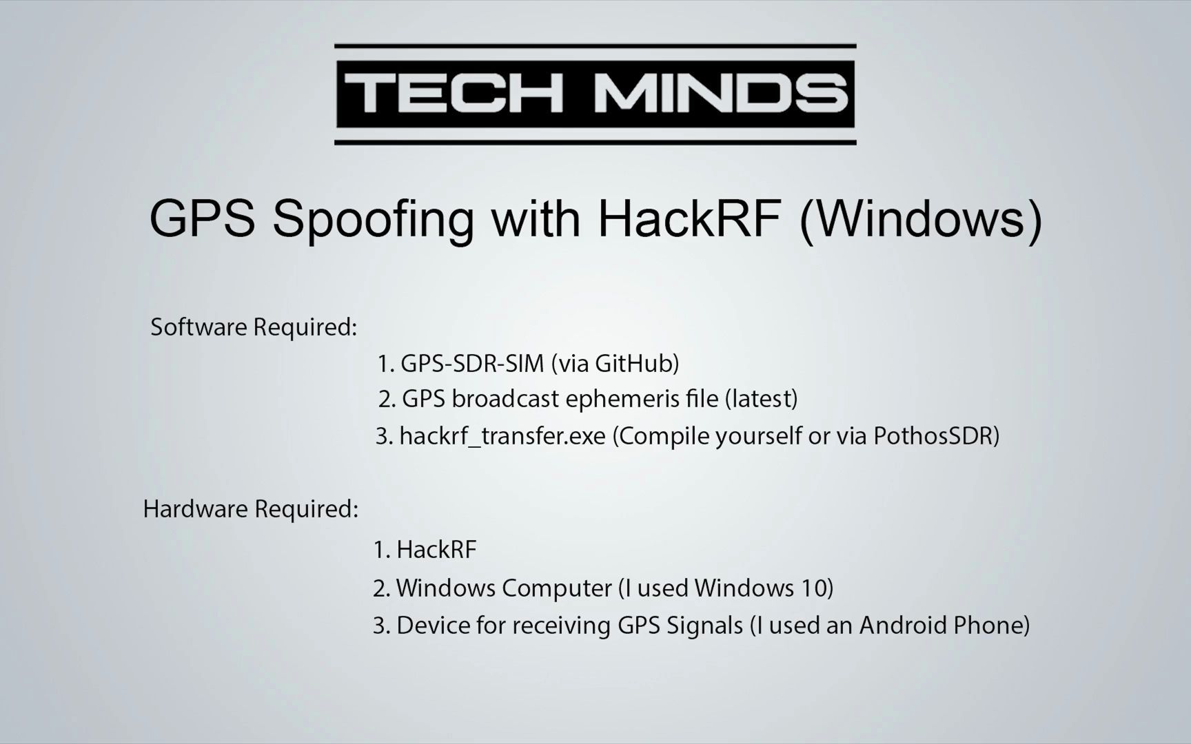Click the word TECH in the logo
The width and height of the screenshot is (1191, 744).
tap(453, 94)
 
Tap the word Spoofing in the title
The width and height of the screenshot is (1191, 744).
tap(373, 219)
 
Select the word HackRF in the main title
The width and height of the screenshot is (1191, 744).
tap(690, 219)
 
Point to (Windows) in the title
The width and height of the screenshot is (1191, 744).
tap(921, 219)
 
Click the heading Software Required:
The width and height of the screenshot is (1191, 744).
tap(254, 327)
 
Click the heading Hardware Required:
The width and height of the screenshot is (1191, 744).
tap(251, 509)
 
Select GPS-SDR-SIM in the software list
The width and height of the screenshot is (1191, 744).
tap(472, 364)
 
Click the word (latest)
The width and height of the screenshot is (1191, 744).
tap(761, 399)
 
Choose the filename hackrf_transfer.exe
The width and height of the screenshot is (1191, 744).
tap(502, 436)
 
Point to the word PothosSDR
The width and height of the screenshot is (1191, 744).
tap(933, 436)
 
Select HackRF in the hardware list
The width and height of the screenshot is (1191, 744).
tap(436, 550)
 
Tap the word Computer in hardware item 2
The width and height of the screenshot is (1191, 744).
tap(556, 588)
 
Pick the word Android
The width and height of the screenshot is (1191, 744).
tap(902, 626)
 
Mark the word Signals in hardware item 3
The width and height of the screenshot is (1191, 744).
tap(705, 626)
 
